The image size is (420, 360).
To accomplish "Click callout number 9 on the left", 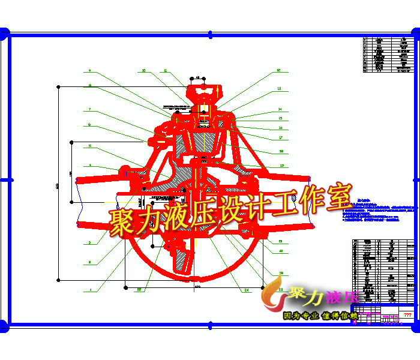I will (89, 71).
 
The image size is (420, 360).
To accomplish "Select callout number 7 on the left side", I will (89, 110).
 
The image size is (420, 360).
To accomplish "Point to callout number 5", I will (89, 146).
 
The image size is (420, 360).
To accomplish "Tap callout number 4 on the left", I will (89, 164).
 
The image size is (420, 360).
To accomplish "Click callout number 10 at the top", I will (143, 71).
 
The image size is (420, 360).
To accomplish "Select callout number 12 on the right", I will (279, 71).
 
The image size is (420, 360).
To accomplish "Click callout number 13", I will (279, 89).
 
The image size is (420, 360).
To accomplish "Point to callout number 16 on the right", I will (280, 128).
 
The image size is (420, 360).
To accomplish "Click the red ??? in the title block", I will (407, 314).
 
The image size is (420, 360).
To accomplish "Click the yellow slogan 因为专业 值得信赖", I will (320, 315).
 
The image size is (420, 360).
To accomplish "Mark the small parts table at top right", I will (389, 55).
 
